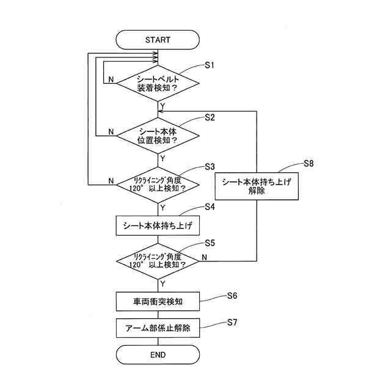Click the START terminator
(x=158, y=40)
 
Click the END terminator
(x=158, y=354)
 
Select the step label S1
(x=210, y=65)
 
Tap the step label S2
(x=210, y=117)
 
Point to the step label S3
(x=210, y=167)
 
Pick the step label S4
(x=210, y=206)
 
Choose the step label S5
(x=210, y=243)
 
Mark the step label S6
(x=232, y=296)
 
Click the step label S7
(x=232, y=323)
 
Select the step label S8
(x=309, y=164)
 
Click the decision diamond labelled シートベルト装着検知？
(x=158, y=83)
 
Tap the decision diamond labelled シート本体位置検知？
(x=158, y=136)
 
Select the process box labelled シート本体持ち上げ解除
(x=257, y=186)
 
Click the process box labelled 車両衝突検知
(x=158, y=301)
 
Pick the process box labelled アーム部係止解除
(x=158, y=328)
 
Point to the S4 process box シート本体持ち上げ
(x=158, y=225)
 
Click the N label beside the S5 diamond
(x=204, y=257)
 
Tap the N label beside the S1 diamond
(x=111, y=79)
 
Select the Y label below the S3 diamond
(x=163, y=208)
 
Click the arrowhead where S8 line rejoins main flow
(x=160, y=111)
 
